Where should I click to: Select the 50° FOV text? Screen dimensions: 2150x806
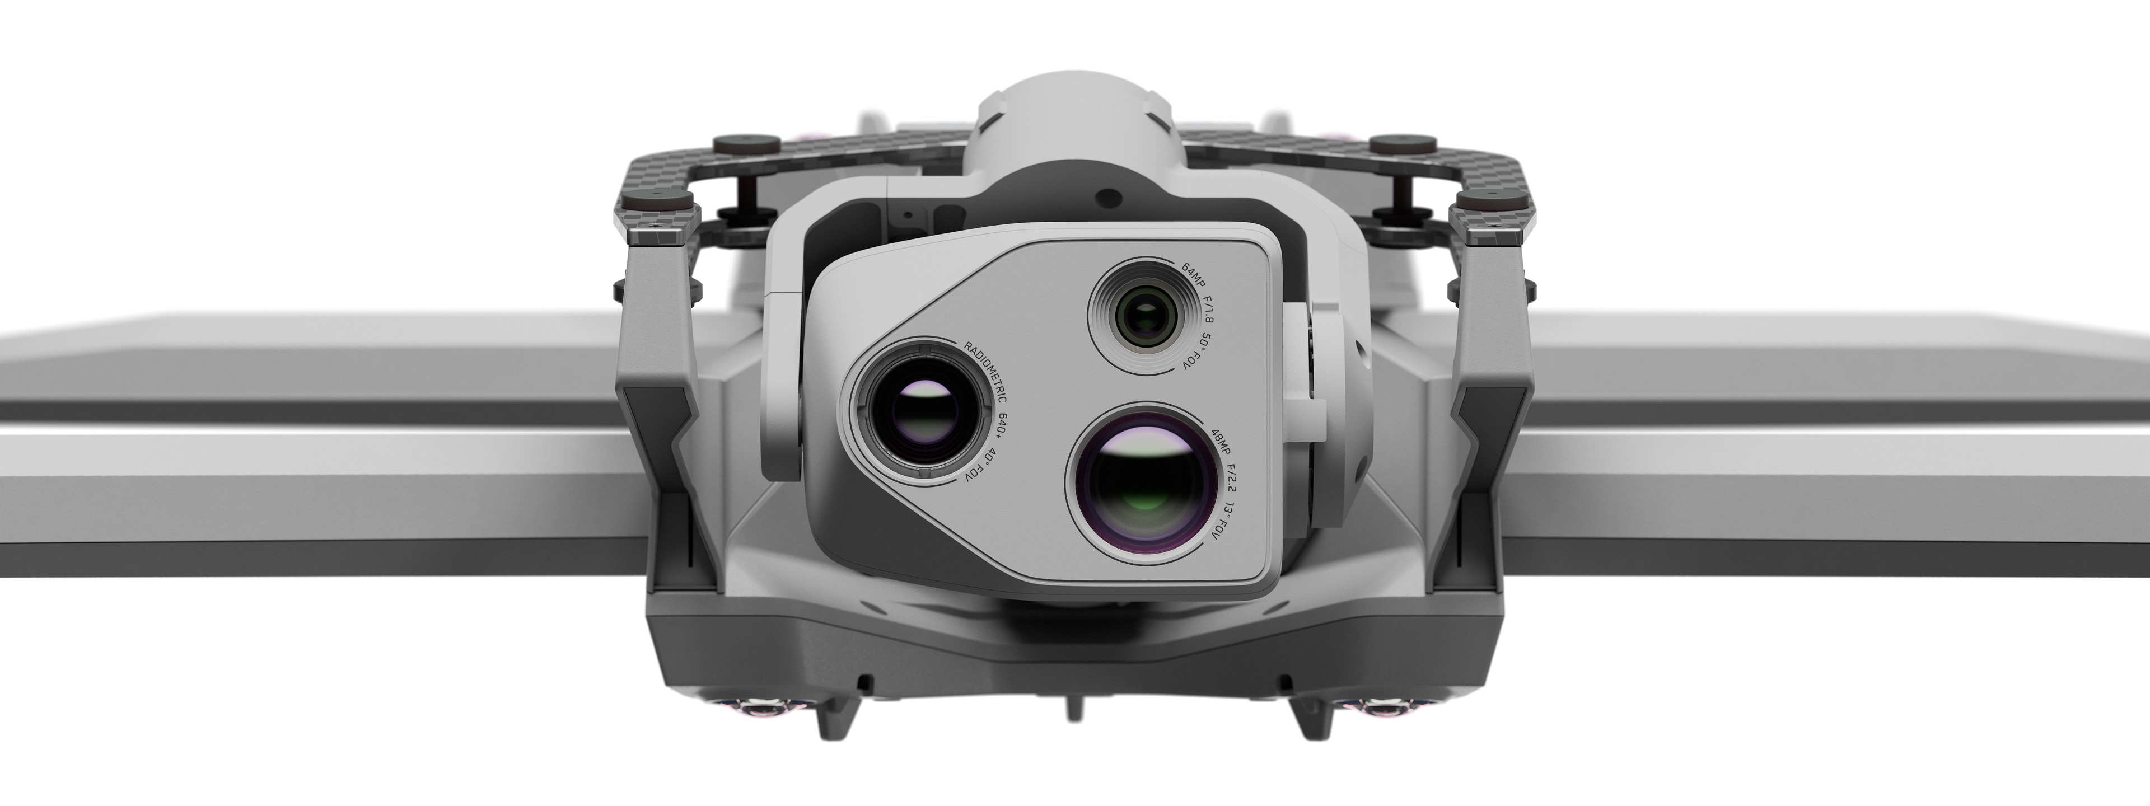(1206, 355)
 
